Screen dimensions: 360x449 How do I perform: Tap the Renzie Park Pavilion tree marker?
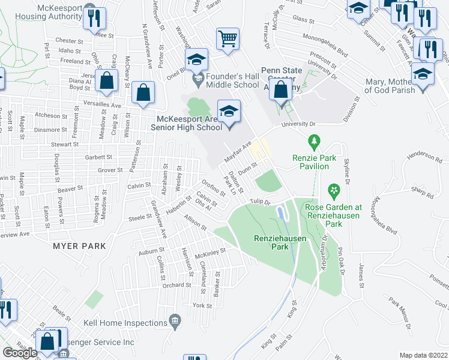[x=313, y=142]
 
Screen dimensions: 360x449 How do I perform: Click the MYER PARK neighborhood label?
[x=79, y=246]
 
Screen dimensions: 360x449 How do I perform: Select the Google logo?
[x=20, y=353]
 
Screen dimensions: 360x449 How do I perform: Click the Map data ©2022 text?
[x=424, y=355]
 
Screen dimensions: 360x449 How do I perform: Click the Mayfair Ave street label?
[x=237, y=151]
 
